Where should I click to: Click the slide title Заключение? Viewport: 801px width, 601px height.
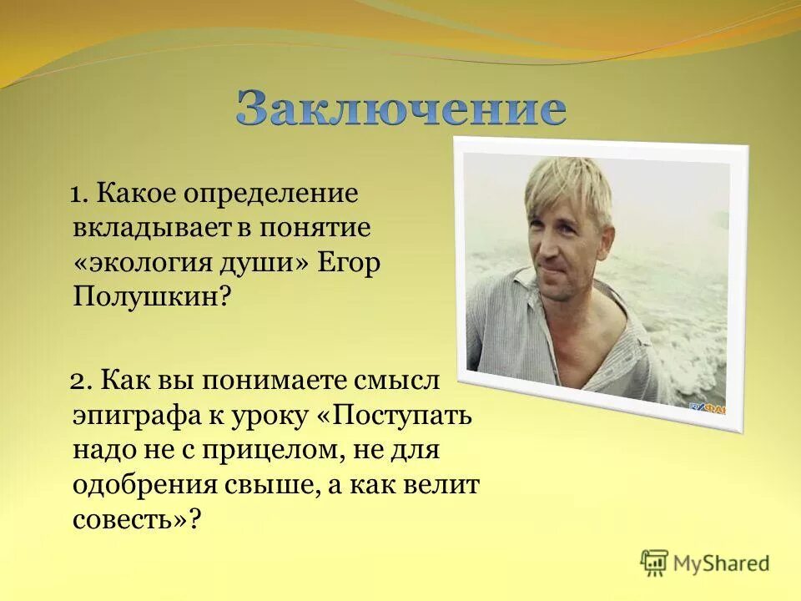[x=400, y=109]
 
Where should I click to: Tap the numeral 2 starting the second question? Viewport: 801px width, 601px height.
[x=77, y=381]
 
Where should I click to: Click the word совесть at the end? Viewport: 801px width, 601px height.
[x=133, y=519]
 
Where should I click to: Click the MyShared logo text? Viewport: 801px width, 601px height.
[x=723, y=563]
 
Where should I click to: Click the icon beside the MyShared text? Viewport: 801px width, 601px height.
[x=654, y=562]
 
